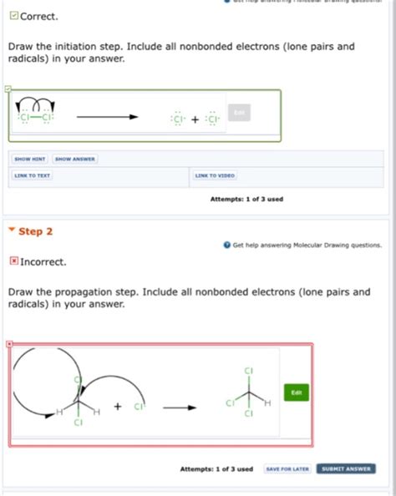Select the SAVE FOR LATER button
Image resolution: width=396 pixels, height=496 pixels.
287,468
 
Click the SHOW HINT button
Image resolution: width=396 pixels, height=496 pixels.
30,159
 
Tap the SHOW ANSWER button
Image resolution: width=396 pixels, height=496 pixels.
75,159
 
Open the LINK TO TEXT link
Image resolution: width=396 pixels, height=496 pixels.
32,175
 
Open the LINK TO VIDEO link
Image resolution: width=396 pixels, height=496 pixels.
215,175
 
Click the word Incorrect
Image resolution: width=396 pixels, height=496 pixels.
43,262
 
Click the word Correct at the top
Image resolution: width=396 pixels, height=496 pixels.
38,17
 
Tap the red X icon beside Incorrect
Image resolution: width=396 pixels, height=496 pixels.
13,261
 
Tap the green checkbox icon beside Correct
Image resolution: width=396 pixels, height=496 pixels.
13,16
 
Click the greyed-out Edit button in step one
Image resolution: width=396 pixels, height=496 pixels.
239,113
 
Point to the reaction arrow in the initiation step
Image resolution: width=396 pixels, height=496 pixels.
107,117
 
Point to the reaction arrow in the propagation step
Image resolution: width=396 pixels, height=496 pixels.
179,407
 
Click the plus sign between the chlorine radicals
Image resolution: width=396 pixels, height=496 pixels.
195,119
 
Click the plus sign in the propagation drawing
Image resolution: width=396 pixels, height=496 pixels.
117,407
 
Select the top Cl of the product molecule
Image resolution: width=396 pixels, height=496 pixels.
248,370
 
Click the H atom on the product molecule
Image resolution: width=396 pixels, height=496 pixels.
267,403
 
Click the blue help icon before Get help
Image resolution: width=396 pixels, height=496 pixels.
227,245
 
